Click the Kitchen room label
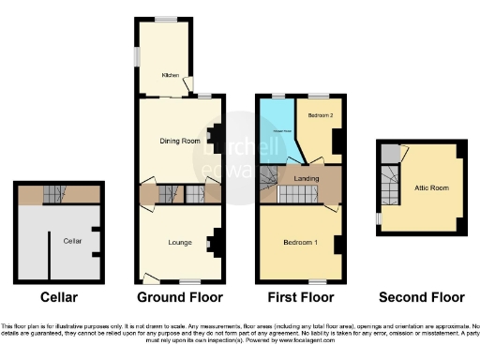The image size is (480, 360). [170, 75]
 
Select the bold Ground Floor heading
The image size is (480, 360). [180, 297]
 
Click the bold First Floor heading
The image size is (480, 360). [301, 297]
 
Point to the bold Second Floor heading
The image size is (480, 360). [421, 297]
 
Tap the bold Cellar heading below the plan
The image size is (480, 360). [58, 297]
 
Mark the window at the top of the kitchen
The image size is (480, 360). [166, 18]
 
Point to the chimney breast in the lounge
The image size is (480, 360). [215, 243]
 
